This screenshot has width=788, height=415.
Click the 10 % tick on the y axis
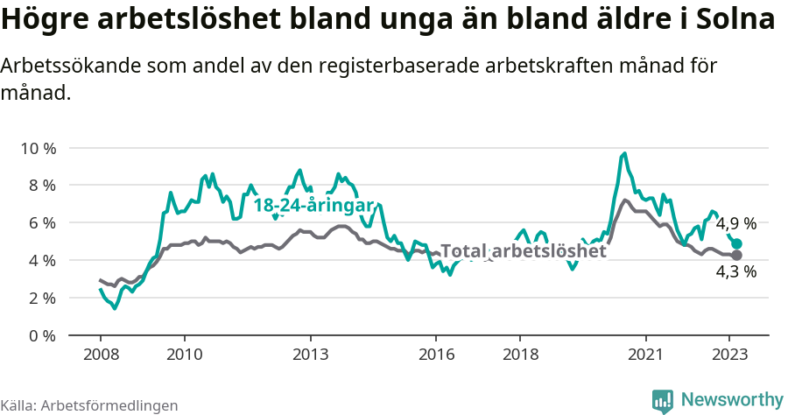(37, 148)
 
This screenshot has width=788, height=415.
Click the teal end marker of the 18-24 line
(737, 244)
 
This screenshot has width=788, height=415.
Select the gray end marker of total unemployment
(737, 255)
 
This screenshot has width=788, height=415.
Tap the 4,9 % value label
(736, 224)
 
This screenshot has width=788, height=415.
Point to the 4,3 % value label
(736, 272)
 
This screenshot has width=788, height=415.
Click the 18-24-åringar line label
(313, 206)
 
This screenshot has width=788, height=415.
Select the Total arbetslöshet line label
(524, 251)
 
